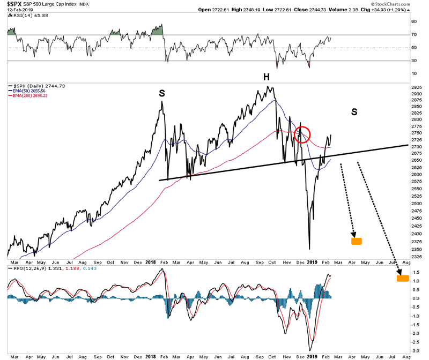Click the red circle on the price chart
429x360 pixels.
point(303,134)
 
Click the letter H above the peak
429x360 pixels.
point(266,78)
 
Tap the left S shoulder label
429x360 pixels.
point(161,94)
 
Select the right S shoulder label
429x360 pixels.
point(354,112)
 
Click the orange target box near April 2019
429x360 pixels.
point(357,241)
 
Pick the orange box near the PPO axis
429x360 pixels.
point(403,278)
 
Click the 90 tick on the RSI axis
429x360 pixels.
point(413,22)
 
